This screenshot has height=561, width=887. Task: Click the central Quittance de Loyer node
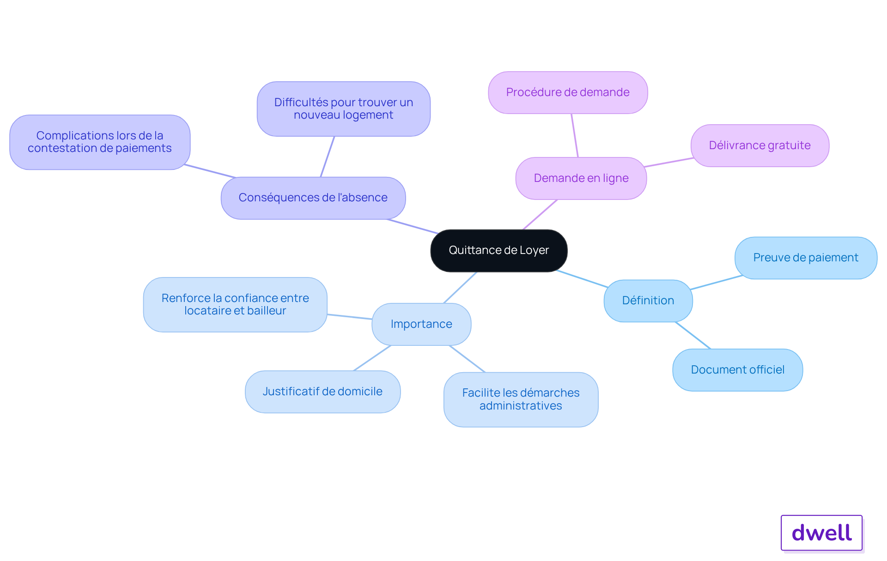pyautogui.click(x=498, y=250)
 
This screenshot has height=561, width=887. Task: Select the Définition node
pyautogui.click(x=648, y=301)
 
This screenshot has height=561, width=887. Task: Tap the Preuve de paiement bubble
pyautogui.click(x=805, y=258)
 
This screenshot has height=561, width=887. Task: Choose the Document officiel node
pyautogui.click(x=737, y=370)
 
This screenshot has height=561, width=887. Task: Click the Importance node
pyautogui.click(x=421, y=324)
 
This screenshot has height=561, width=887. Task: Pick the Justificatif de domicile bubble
pyautogui.click(x=322, y=392)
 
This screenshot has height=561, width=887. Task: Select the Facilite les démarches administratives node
pyautogui.click(x=521, y=399)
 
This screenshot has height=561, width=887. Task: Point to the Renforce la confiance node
pyautogui.click(x=235, y=304)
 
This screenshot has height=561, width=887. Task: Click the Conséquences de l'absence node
pyautogui.click(x=313, y=198)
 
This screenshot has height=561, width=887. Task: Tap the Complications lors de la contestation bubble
pyautogui.click(x=99, y=142)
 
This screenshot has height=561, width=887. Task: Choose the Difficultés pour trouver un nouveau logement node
pyautogui.click(x=343, y=109)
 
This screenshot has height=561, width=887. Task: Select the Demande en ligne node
pyautogui.click(x=581, y=178)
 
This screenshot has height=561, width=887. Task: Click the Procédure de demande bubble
pyautogui.click(x=567, y=92)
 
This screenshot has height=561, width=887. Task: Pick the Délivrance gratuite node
pyautogui.click(x=759, y=145)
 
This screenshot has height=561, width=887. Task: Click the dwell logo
pyautogui.click(x=821, y=533)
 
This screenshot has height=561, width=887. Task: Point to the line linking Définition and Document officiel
pyautogui.click(x=693, y=335)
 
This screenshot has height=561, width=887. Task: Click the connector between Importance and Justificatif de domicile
pyautogui.click(x=372, y=358)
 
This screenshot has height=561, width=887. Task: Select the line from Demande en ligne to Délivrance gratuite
pyautogui.click(x=668, y=162)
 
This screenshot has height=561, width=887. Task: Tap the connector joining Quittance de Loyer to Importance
pyautogui.click(x=460, y=287)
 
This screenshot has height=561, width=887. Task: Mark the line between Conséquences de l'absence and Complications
pyautogui.click(x=210, y=171)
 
